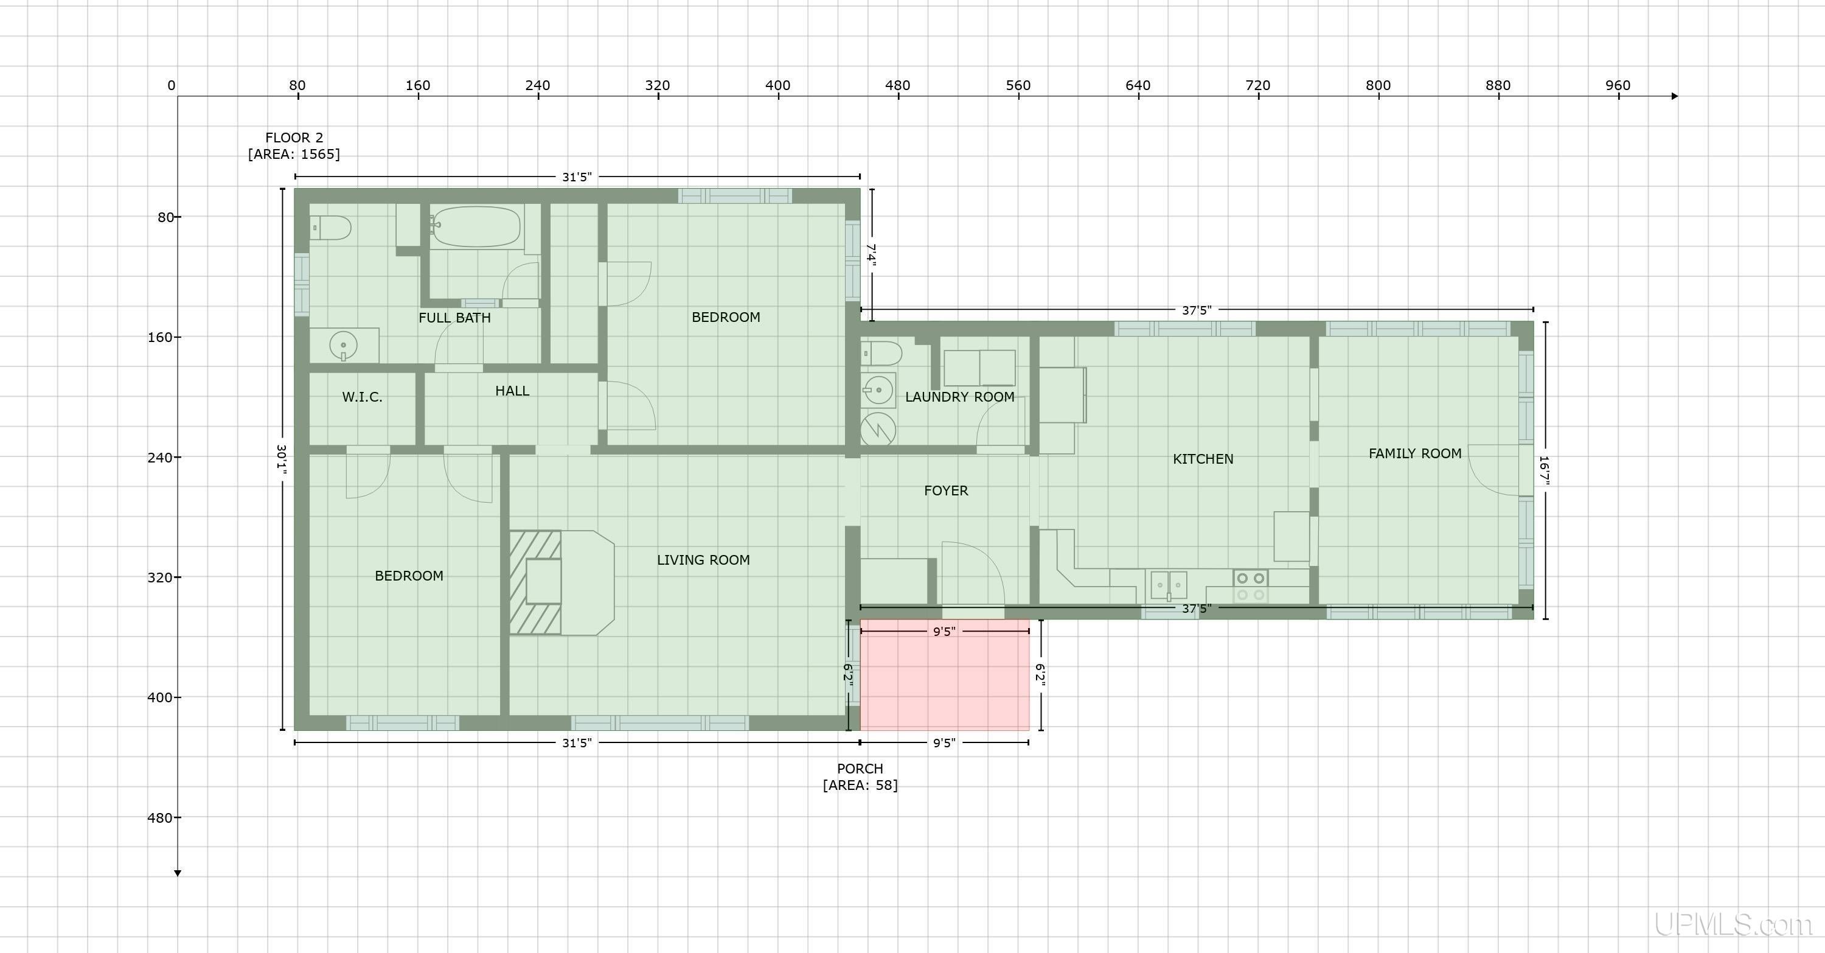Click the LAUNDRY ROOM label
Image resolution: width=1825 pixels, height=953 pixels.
coord(959,397)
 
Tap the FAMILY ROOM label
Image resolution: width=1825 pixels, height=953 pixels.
coord(1414,453)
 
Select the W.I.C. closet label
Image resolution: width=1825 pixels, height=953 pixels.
coord(362,397)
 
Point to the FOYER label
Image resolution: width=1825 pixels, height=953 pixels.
coord(946,490)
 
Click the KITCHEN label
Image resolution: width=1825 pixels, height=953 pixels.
coord(1202,459)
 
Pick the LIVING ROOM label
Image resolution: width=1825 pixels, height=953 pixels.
coord(703,560)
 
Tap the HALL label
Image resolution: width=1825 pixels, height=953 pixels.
coord(512,391)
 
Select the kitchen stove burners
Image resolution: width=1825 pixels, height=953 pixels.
coord(1251,587)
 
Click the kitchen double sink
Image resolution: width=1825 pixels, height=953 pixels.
coord(1168,585)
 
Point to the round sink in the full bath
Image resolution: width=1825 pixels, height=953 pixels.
coord(344,346)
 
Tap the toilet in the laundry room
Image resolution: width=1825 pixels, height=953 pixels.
coord(881,353)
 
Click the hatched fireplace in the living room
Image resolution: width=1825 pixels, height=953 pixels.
coord(535,582)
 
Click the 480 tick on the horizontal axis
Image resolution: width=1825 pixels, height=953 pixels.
coord(898,86)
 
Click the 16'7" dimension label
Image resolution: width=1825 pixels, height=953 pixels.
coord(1545,470)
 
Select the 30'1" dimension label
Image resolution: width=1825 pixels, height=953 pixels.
coord(282,459)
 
